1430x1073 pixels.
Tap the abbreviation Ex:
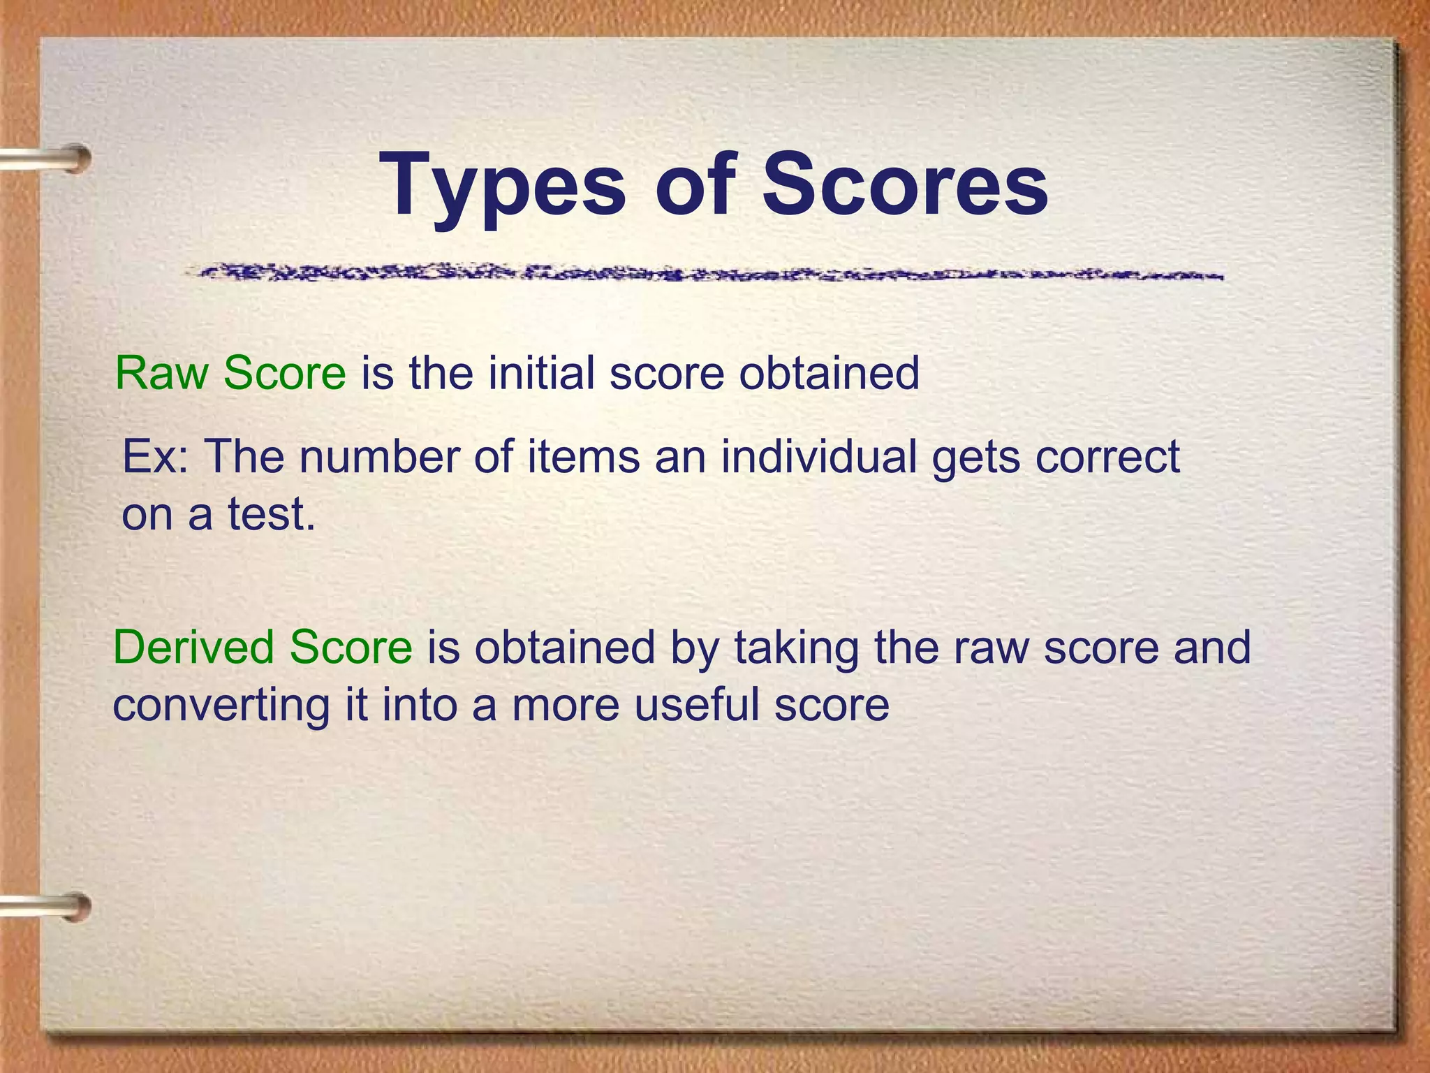point(155,457)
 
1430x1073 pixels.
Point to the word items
point(583,457)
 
